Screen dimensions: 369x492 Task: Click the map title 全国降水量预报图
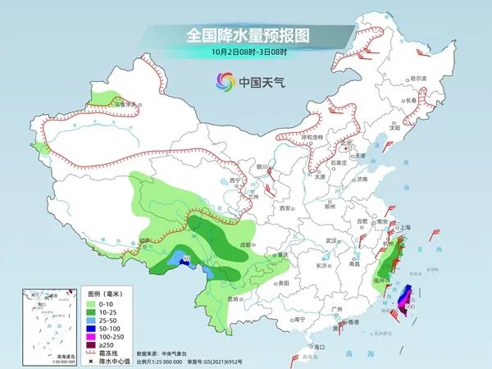pyautogui.click(x=246, y=36)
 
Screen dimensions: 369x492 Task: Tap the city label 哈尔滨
pyautogui.click(x=419, y=78)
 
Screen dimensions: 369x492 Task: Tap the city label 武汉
pyautogui.click(x=331, y=239)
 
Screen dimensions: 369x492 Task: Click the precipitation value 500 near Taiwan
pyautogui.click(x=409, y=306)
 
